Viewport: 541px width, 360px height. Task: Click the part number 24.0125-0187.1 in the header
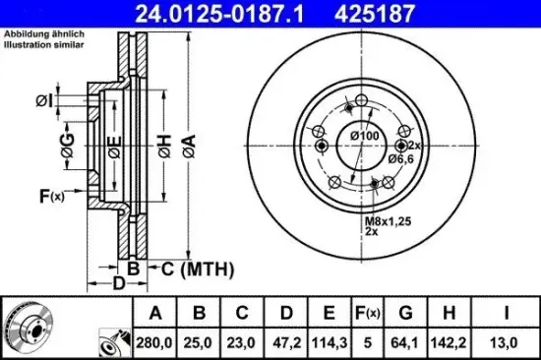pos(219,14)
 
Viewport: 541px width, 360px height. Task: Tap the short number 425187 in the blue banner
pos(375,14)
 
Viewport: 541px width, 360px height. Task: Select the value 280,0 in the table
pos(154,342)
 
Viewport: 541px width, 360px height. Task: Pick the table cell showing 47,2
pos(286,342)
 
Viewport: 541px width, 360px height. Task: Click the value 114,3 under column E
pos(330,342)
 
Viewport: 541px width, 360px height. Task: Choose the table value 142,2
pos(449,342)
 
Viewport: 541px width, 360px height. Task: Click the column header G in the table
pos(405,313)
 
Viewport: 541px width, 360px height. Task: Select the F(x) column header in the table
pos(368,313)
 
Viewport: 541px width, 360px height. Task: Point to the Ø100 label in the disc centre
pos(365,136)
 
